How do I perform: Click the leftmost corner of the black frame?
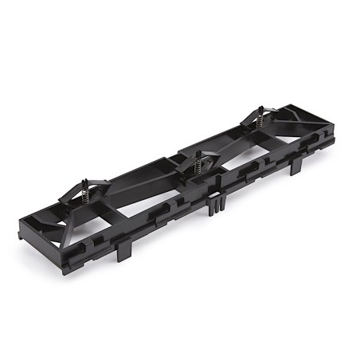point(28,209)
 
